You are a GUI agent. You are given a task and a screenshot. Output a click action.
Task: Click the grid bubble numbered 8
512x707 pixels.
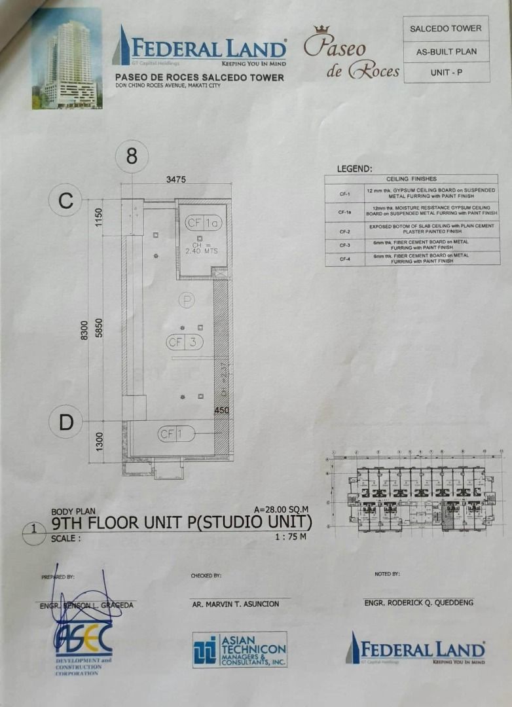coord(132,157)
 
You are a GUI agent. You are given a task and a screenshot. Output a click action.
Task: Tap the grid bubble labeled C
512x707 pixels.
coord(66,201)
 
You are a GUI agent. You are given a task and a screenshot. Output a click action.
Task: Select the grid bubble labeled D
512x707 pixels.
coord(66,422)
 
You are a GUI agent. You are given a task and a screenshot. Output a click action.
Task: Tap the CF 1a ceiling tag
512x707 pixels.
coord(204,223)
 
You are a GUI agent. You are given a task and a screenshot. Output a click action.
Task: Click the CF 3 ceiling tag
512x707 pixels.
coord(185,342)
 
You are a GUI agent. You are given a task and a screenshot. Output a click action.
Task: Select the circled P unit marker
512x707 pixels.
coord(187,300)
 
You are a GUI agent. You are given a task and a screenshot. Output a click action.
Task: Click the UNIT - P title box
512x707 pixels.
coord(447,73)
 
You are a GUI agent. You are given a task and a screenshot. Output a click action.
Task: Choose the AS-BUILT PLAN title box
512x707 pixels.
coord(447,51)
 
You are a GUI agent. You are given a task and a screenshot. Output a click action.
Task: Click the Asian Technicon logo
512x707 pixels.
coord(240,649)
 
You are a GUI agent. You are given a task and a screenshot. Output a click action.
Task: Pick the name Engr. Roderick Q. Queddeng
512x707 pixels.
coord(419,602)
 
